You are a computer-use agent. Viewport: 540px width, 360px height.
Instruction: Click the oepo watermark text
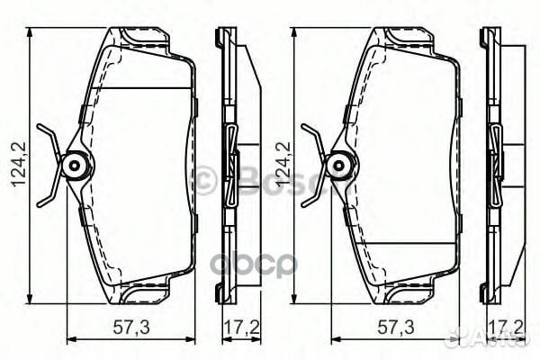pos(270,264)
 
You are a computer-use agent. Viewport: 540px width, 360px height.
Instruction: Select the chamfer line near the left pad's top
pos(144,87)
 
